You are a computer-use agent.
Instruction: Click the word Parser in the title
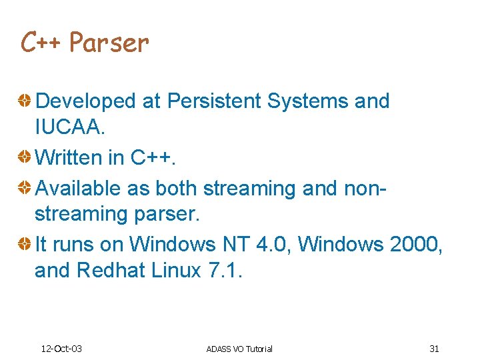tap(109, 43)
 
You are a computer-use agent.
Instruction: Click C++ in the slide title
tap(41, 43)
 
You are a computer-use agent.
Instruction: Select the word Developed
tap(85, 101)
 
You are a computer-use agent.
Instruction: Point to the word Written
tap(69, 158)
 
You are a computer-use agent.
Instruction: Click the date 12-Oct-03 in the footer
tap(61, 349)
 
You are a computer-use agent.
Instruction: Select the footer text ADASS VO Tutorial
tap(239, 349)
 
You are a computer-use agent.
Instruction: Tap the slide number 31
tap(434, 349)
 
